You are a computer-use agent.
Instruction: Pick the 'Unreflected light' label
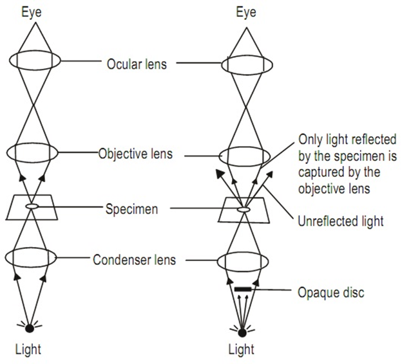click(341, 221)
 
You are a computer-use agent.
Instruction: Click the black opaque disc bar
click(243, 290)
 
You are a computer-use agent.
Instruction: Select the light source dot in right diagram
click(243, 332)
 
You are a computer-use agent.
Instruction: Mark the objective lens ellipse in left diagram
click(32, 154)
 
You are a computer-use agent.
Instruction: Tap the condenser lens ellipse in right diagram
click(243, 262)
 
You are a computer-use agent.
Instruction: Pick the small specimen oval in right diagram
click(243, 209)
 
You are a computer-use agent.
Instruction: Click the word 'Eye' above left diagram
click(32, 12)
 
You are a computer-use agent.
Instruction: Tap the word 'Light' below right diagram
click(242, 350)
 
